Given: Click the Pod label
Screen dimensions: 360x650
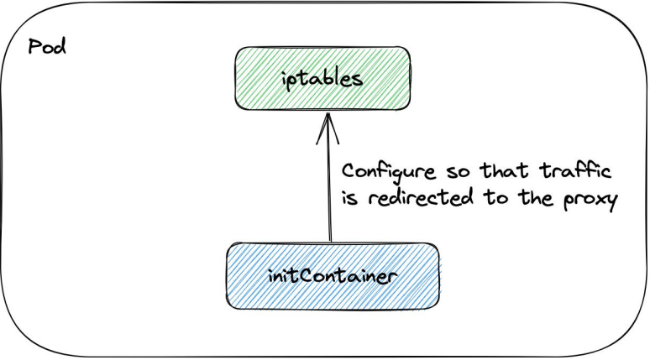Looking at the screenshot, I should click(x=47, y=45).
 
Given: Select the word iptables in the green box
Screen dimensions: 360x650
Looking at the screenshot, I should click(x=322, y=80).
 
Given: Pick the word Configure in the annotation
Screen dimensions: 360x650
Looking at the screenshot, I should click(x=391, y=173).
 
